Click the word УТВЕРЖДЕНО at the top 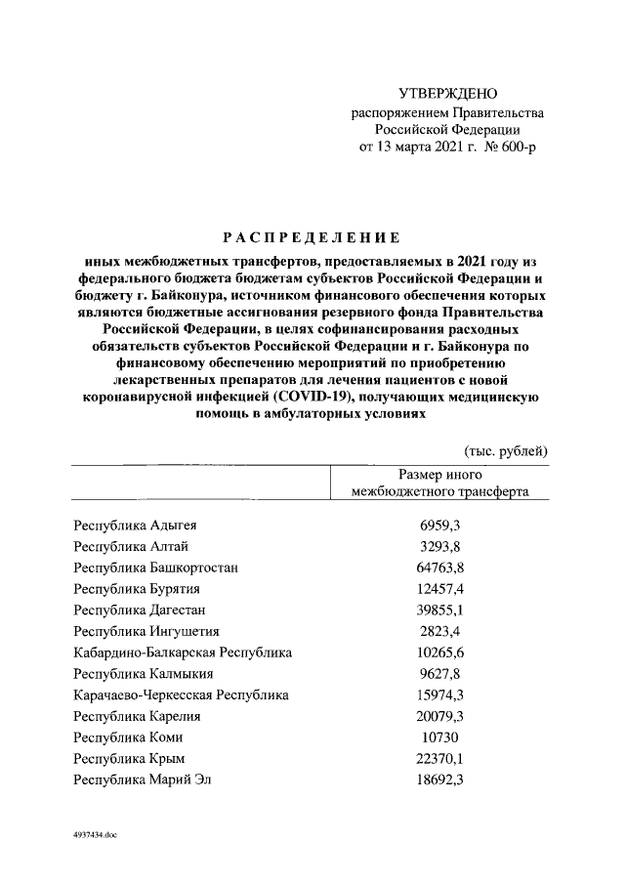pos(449,94)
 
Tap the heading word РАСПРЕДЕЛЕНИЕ pos(312,237)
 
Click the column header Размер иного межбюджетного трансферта pos(440,483)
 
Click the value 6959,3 pos(439,525)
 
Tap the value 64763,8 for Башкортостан pos(439,567)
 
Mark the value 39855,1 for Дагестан pos(439,610)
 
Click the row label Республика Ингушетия pos(146,631)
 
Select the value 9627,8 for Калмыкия pos(439,674)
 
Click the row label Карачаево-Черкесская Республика pos(181,695)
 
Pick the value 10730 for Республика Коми pos(439,737)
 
